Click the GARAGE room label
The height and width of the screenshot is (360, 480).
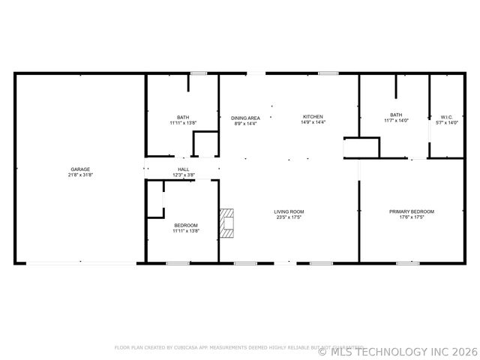80,169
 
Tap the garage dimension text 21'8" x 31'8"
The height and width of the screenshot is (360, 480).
80,175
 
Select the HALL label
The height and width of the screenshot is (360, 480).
184,169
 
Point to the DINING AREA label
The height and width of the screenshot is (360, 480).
245,118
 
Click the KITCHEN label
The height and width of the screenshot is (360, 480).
313,117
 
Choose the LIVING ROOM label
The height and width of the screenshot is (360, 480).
289,211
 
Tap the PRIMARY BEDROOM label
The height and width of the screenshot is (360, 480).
412,211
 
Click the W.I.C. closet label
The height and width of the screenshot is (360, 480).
446,118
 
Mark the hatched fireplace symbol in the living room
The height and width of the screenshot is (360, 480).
227,223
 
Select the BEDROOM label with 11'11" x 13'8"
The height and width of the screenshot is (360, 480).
186,226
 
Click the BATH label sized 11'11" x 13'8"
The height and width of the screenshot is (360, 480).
183,118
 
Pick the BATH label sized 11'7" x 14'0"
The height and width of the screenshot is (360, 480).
396,115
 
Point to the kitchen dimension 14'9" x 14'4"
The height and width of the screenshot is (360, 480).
313,122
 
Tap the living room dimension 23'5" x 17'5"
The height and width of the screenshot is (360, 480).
289,217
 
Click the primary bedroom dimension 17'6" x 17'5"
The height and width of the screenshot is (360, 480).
412,217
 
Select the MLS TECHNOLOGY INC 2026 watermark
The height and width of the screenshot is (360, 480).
398,350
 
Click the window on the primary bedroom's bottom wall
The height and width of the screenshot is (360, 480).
407,263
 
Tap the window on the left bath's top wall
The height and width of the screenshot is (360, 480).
199,73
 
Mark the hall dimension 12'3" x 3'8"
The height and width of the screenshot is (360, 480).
184,175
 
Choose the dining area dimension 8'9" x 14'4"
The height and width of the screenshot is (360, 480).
245,123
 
